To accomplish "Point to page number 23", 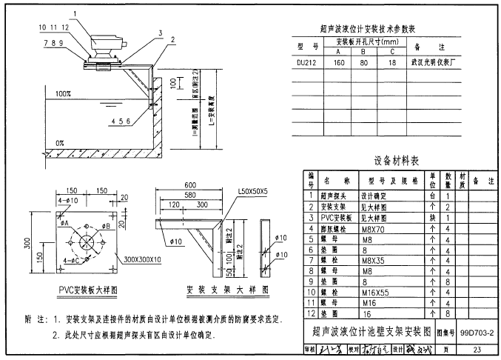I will tap(476, 349).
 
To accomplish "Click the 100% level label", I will tap(63, 95).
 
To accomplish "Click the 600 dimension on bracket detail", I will tap(190, 184).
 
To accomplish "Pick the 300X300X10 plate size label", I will tap(144, 260).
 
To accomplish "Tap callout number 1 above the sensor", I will tap(75, 13).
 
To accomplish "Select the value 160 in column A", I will tap(340, 64).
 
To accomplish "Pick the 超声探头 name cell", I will tap(336, 196).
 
